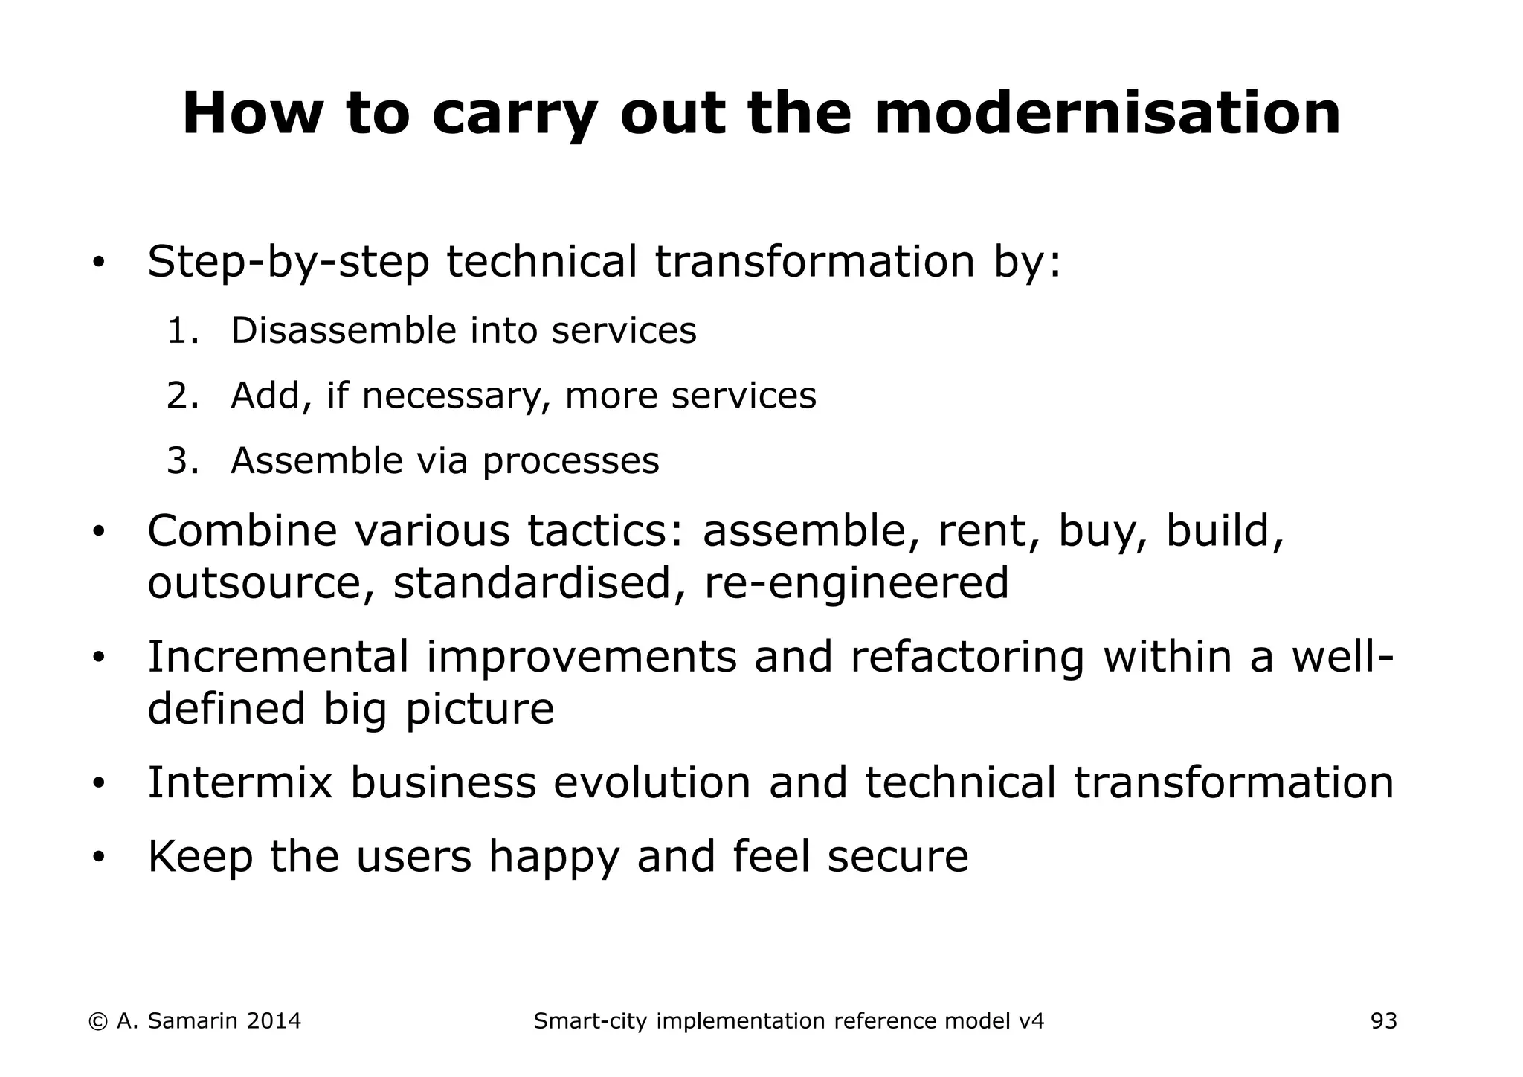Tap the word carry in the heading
point(514,115)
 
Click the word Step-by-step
point(288,262)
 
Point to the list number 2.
point(181,396)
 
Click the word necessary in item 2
point(451,396)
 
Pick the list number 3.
point(181,460)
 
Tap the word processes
point(570,462)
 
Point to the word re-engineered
point(856,583)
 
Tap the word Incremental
point(277,657)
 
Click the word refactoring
point(967,658)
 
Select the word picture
point(479,709)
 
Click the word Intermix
point(239,782)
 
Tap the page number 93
point(1383,1021)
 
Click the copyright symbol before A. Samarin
point(97,1022)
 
